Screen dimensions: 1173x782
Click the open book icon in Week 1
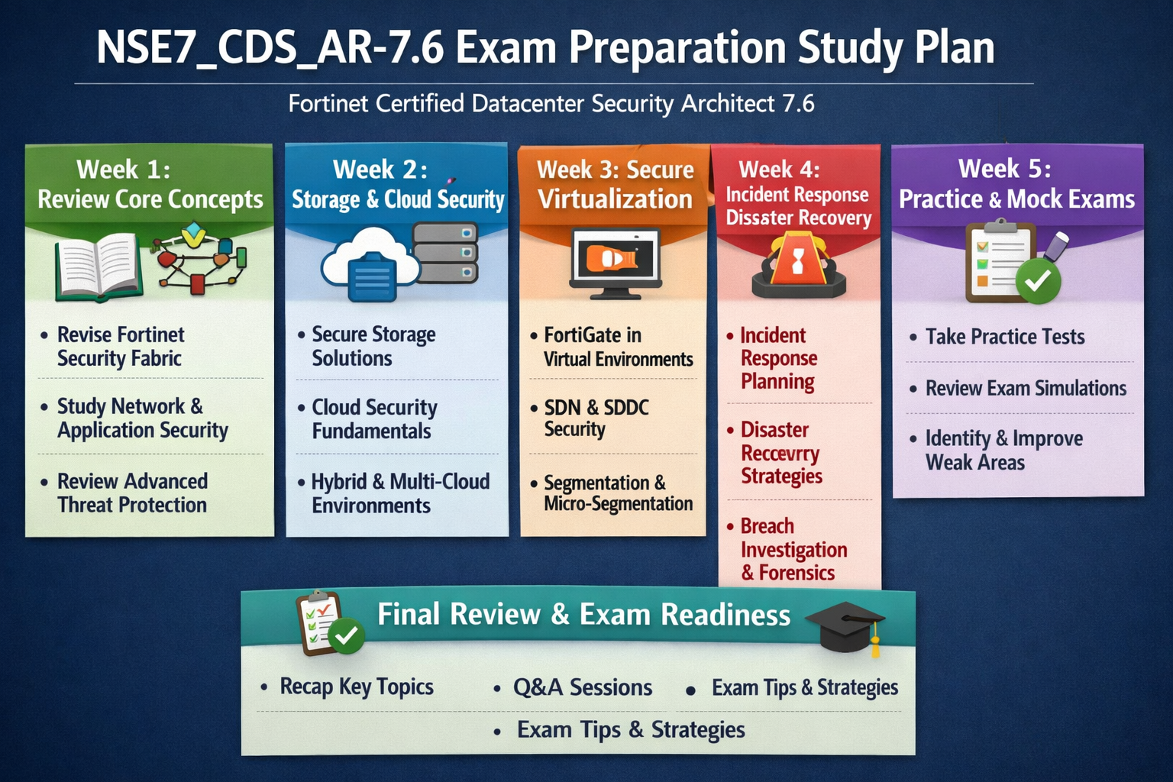coord(99,267)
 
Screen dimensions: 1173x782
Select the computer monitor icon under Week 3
coord(616,263)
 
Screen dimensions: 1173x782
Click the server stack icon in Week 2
coord(445,253)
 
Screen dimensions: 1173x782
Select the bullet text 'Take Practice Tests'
coord(1005,337)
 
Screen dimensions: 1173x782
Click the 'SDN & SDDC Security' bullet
coord(596,418)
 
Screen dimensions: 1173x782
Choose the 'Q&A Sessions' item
coord(583,687)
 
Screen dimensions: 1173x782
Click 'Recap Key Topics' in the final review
coord(357,687)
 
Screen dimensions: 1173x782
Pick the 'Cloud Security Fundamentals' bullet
coord(374,419)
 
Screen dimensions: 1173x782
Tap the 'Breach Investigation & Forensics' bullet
coord(794,549)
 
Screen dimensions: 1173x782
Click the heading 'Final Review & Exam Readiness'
coord(583,615)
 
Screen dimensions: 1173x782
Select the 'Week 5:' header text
coord(1004,169)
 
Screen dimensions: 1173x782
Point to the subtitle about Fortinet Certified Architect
coord(551,103)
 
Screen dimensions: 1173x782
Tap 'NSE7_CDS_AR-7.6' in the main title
coord(270,48)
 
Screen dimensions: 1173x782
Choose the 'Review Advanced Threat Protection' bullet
coord(132,493)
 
